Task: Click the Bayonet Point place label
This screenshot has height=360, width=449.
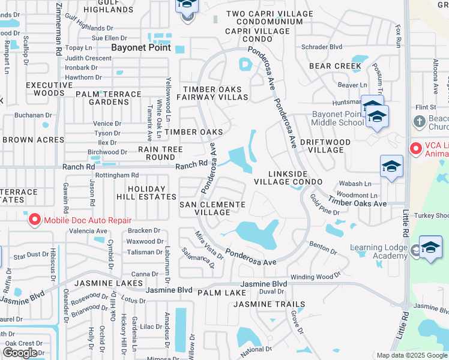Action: click(141, 47)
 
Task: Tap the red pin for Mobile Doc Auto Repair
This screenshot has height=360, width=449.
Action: click(34, 220)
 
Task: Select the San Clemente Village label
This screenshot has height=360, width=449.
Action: click(212, 208)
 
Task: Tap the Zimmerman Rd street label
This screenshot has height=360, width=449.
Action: click(59, 29)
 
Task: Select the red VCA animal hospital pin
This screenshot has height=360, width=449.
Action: click(415, 148)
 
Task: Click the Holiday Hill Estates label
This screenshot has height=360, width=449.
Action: click(146, 193)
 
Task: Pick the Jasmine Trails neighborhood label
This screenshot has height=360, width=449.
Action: click(269, 304)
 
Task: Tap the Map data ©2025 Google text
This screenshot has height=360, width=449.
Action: click(412, 355)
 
